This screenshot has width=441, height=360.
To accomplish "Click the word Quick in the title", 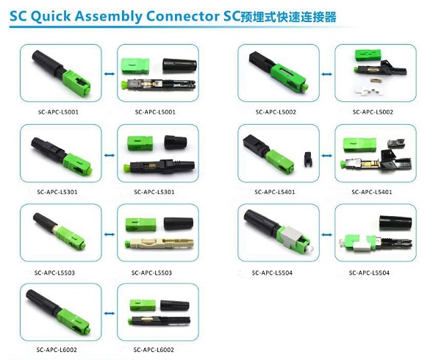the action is click(x=51, y=16).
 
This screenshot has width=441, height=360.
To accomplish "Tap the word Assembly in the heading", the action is click(x=109, y=17).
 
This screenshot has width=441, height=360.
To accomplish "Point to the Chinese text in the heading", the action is click(x=289, y=17).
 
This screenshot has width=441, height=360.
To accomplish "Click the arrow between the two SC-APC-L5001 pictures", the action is click(x=109, y=74).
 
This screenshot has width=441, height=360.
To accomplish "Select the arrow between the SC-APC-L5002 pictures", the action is click(x=327, y=74).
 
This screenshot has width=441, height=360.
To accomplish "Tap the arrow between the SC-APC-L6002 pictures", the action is click(x=109, y=314).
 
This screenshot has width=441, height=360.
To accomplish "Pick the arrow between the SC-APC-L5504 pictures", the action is click(x=327, y=234).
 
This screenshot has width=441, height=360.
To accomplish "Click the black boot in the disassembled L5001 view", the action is click(x=180, y=65).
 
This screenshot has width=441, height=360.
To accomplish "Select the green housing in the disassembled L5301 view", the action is click(x=140, y=143).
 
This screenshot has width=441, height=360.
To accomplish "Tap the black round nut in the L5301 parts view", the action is click(x=175, y=143).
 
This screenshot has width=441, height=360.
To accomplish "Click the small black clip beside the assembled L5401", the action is click(x=308, y=159).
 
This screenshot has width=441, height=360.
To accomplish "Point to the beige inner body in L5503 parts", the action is click(x=159, y=245).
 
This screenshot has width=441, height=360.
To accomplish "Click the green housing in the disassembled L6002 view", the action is click(x=143, y=305).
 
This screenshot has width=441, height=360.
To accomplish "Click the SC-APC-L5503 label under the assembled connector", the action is click(x=54, y=273).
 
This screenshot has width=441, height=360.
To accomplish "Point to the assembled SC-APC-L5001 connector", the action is click(x=61, y=73).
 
